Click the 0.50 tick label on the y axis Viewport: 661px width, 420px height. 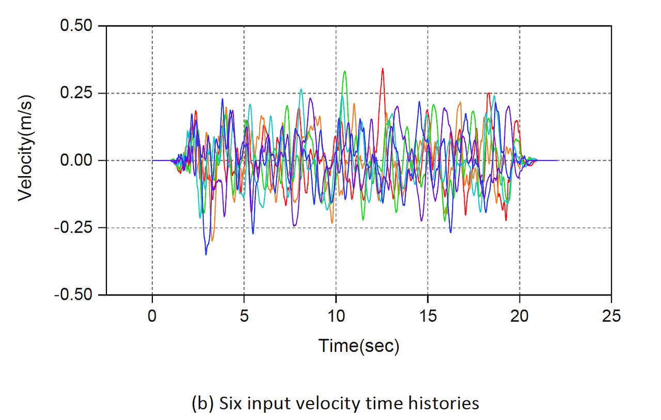[x=78, y=26]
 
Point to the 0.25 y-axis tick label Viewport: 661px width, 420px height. [x=78, y=93]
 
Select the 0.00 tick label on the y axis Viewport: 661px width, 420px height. [x=78, y=161]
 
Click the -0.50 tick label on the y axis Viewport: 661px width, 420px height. [x=75, y=295]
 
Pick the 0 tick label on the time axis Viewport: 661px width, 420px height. [x=152, y=315]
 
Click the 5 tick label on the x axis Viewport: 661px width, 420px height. [x=244, y=315]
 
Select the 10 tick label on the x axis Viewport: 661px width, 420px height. [x=336, y=315]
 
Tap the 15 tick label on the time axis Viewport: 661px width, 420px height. [x=428, y=315]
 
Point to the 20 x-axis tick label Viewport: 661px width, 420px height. [x=520, y=315]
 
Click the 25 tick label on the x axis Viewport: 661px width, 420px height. [x=611, y=315]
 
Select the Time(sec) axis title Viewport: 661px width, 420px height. [x=359, y=346]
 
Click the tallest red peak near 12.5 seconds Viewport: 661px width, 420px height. [x=383, y=69]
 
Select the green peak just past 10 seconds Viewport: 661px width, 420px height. [x=344, y=71]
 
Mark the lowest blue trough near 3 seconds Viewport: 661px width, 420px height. [x=206, y=254]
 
